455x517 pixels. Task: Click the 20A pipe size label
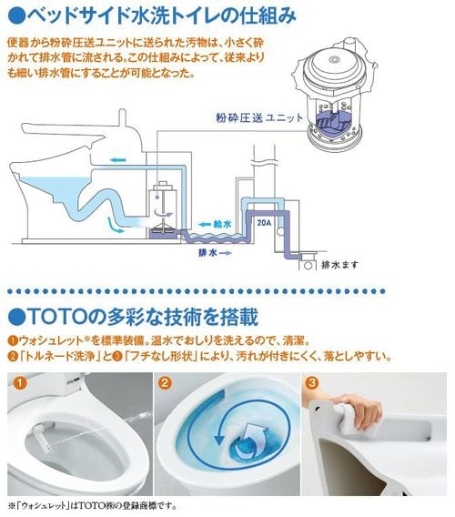(x=264, y=223)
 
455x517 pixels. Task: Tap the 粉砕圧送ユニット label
(x=259, y=117)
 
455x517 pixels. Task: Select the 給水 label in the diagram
(x=222, y=225)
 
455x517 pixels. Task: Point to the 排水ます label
(x=339, y=265)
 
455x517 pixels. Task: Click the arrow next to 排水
(x=226, y=253)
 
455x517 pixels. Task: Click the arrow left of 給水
(x=205, y=225)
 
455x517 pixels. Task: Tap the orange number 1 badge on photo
(x=19, y=383)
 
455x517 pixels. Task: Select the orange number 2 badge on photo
(x=166, y=383)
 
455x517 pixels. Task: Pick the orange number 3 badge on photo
(x=312, y=383)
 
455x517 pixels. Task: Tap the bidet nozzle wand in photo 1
(x=42, y=438)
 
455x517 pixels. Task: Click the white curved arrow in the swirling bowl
(x=254, y=438)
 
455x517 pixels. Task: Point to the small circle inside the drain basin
(x=308, y=266)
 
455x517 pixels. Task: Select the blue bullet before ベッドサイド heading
(x=16, y=15)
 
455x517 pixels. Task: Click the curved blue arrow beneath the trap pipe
(x=115, y=225)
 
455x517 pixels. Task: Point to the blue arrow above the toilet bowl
(x=118, y=160)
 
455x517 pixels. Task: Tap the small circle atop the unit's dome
(x=335, y=60)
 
